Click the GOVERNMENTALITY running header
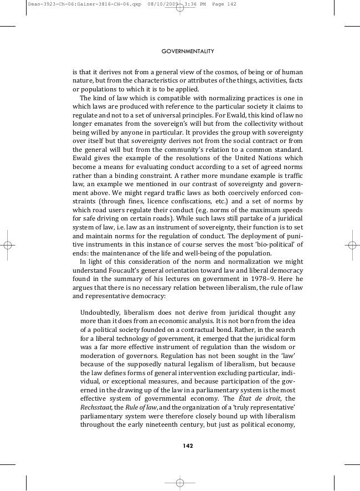point(188,51)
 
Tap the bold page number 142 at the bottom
point(188,446)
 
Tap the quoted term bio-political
point(271,245)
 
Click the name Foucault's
point(124,271)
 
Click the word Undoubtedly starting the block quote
point(100,313)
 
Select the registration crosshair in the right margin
point(352,245)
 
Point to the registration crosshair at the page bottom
point(180,483)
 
